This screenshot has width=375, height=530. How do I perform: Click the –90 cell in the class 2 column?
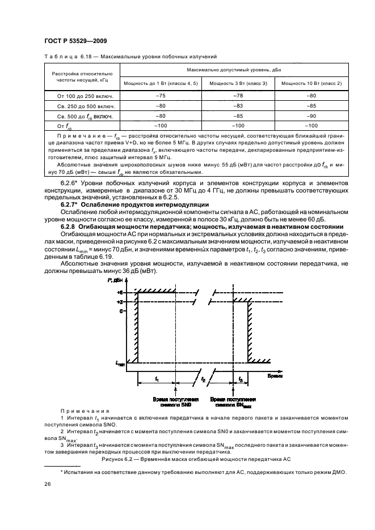[x=311, y=116]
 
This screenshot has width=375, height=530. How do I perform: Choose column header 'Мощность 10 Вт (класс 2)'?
[x=311, y=84]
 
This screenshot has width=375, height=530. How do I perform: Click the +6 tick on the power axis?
[x=120, y=292]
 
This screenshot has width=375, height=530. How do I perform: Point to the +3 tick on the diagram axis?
[x=120, y=302]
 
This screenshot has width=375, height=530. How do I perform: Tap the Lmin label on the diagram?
[x=120, y=363]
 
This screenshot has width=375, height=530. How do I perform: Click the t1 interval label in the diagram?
[x=156, y=379]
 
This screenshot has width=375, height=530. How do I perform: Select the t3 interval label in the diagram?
[x=241, y=379]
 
